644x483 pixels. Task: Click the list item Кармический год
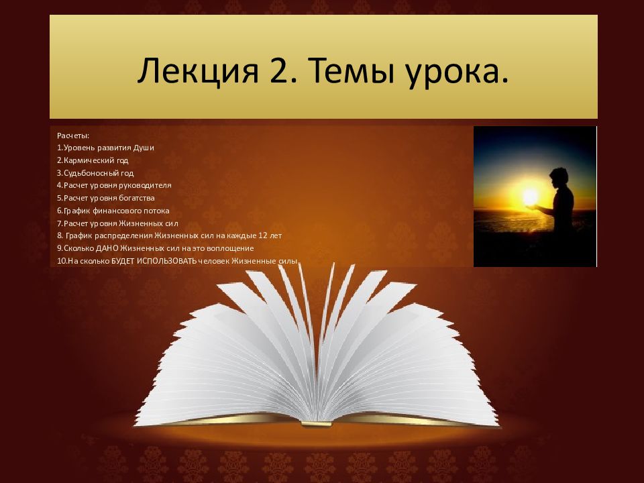point(93,160)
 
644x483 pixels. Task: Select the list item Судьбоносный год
point(95,172)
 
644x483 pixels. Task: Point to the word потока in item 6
point(155,210)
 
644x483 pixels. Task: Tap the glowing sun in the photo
point(531,197)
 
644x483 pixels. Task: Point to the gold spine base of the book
point(317,423)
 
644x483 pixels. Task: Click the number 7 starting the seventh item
point(59,223)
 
